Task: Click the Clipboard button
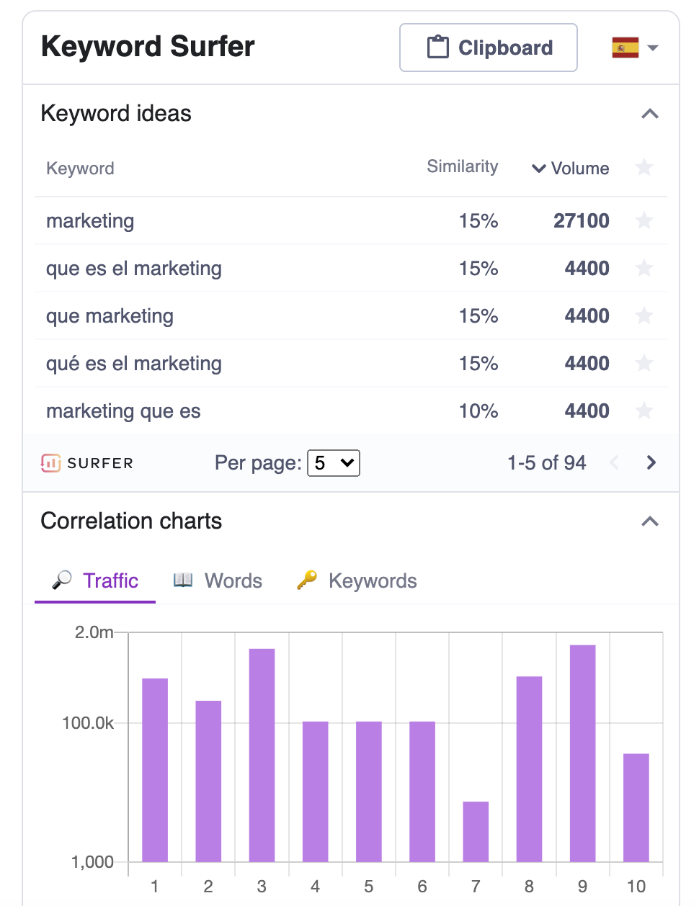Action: pyautogui.click(x=488, y=48)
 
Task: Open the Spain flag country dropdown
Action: pyautogui.click(x=635, y=48)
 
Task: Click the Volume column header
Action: pyautogui.click(x=570, y=169)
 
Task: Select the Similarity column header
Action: pyautogui.click(x=462, y=167)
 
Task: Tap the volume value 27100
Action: pyautogui.click(x=581, y=220)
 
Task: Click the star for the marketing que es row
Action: pyautogui.click(x=644, y=411)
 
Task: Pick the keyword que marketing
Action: pyautogui.click(x=110, y=316)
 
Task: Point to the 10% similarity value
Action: pyautogui.click(x=478, y=411)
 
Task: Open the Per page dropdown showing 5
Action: pyautogui.click(x=333, y=463)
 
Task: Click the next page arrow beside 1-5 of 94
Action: pyautogui.click(x=651, y=462)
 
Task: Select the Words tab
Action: pyautogui.click(x=218, y=580)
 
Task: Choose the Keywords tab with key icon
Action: pyautogui.click(x=357, y=580)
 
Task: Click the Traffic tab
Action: pyautogui.click(x=95, y=580)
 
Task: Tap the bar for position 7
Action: pyautogui.click(x=476, y=831)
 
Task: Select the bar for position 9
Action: pyautogui.click(x=582, y=753)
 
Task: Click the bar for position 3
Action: pyautogui.click(x=262, y=755)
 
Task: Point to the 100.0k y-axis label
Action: pyautogui.click(x=88, y=723)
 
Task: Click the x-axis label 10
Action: pyautogui.click(x=636, y=887)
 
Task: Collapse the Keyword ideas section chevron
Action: pyautogui.click(x=650, y=114)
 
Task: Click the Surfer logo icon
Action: pyautogui.click(x=51, y=463)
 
